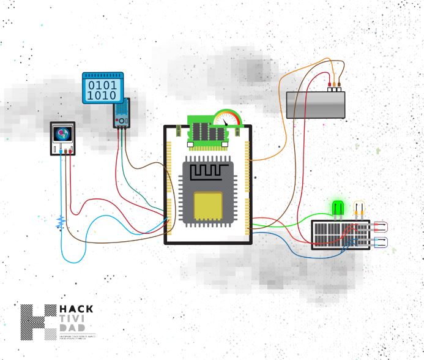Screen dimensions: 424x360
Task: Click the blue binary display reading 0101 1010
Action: click(x=103, y=88)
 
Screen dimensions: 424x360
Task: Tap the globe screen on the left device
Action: click(x=62, y=134)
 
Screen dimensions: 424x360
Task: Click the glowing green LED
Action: click(x=337, y=208)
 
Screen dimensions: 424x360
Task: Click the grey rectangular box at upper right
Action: click(x=316, y=105)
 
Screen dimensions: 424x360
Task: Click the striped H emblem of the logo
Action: click(x=38, y=322)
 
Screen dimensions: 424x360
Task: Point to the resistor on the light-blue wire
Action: click(x=60, y=223)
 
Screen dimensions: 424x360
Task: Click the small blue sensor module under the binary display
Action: click(x=121, y=115)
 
